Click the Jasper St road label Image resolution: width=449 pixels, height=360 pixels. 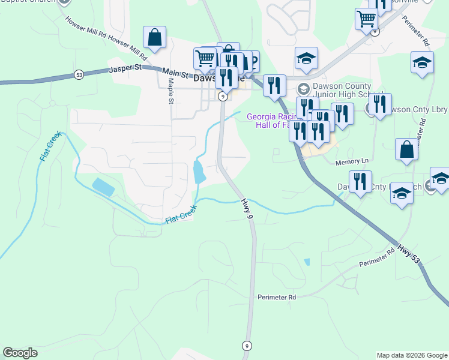pyautogui.click(x=125, y=70)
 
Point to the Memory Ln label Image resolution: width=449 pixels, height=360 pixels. pyautogui.click(x=351, y=161)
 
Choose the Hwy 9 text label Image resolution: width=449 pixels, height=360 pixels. pyautogui.click(x=247, y=208)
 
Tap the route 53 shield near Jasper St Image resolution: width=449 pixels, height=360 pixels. pyautogui.click(x=79, y=75)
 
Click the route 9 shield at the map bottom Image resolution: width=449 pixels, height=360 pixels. pyautogui.click(x=247, y=346)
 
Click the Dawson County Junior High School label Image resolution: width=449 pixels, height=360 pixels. pyautogui.click(x=342, y=90)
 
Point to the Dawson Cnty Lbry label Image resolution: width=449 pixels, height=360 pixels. pyautogui.click(x=414, y=110)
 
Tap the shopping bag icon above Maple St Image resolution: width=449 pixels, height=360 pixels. pyautogui.click(x=155, y=37)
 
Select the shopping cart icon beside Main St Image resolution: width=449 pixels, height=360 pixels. pyautogui.click(x=205, y=58)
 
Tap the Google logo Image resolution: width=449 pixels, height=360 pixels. pyautogui.click(x=20, y=353)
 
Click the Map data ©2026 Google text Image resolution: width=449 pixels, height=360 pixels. pyautogui.click(x=411, y=355)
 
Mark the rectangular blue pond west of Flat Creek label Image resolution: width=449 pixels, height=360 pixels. pyautogui.click(x=103, y=187)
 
